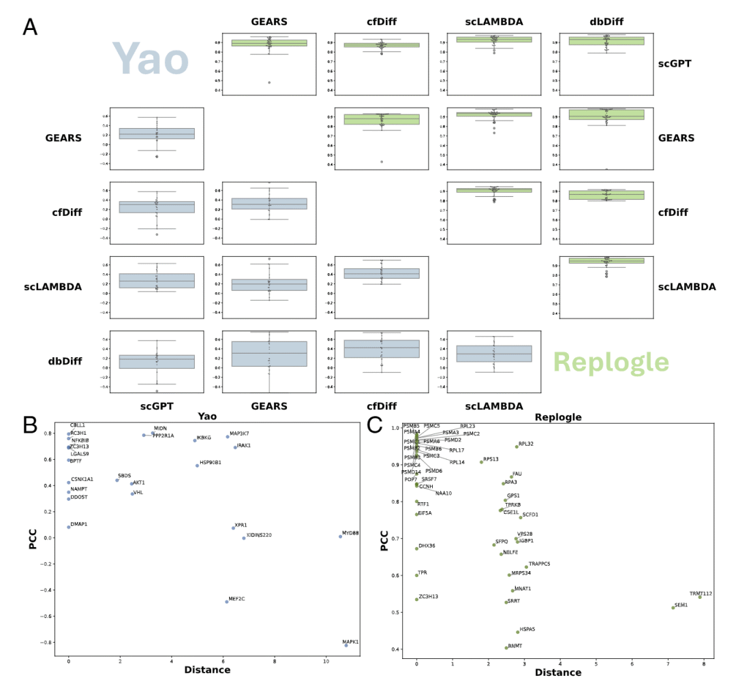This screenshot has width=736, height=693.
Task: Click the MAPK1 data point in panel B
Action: point(346,645)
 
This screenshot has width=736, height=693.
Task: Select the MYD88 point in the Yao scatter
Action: point(341,536)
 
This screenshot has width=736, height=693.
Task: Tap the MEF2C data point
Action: point(227,602)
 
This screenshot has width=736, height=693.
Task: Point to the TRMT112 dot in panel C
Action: point(699,597)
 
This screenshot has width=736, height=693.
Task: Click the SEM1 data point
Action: point(673,607)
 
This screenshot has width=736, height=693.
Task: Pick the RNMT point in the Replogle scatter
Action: point(506,647)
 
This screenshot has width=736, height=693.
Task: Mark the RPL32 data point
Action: point(517,446)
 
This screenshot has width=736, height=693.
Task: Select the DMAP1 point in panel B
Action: point(69,527)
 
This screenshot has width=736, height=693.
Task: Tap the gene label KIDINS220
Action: point(259,535)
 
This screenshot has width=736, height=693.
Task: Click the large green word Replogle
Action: point(611,362)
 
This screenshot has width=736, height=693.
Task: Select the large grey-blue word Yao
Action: point(150,59)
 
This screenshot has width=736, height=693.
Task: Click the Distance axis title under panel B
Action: point(207,670)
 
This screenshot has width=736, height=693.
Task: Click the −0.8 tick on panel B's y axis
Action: point(48,643)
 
